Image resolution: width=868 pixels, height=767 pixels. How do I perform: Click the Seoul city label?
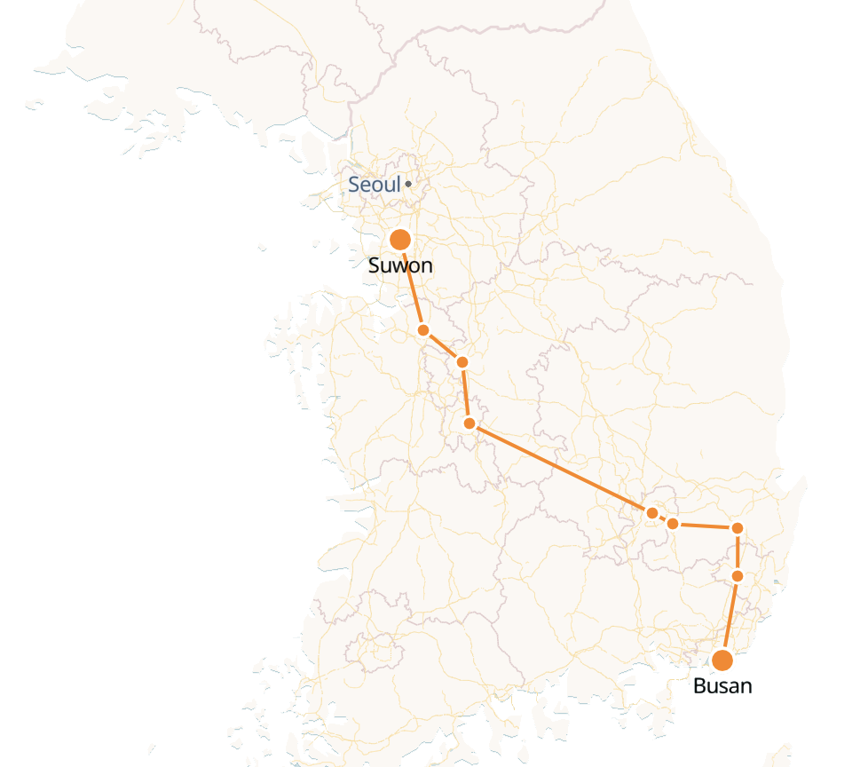[x=374, y=185]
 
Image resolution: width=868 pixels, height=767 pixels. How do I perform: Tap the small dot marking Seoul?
[x=408, y=185]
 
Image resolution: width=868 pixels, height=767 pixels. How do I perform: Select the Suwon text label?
[x=400, y=265]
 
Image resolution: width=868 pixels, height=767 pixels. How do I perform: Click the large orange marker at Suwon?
[x=400, y=240]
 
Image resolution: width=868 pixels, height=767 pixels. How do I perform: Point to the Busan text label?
[x=722, y=685]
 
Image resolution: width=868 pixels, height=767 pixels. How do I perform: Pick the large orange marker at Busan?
[x=722, y=660]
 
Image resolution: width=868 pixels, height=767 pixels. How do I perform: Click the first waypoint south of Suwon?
[x=423, y=330]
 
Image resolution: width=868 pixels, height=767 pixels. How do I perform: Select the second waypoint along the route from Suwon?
[x=462, y=361]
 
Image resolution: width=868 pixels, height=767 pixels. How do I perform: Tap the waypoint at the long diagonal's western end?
[x=470, y=423]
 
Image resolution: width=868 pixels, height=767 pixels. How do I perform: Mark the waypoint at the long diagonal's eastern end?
[x=652, y=513]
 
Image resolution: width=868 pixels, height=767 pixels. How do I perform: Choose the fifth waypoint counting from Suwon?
[x=673, y=524]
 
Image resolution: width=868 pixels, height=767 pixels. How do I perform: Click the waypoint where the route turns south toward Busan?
[x=737, y=528]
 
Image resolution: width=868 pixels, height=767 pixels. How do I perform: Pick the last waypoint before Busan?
[x=738, y=576]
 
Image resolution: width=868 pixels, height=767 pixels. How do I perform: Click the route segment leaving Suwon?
[x=412, y=285]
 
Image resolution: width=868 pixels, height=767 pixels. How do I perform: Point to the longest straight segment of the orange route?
[x=561, y=468]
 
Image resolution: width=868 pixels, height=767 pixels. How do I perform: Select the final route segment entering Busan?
[x=730, y=618]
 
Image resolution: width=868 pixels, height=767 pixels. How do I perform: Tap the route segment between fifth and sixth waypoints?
[x=705, y=526]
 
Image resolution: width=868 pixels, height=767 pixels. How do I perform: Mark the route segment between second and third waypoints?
[x=465, y=392]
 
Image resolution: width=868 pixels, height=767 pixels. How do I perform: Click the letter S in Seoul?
[x=354, y=185]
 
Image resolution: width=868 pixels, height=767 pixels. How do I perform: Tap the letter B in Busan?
[x=699, y=685]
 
